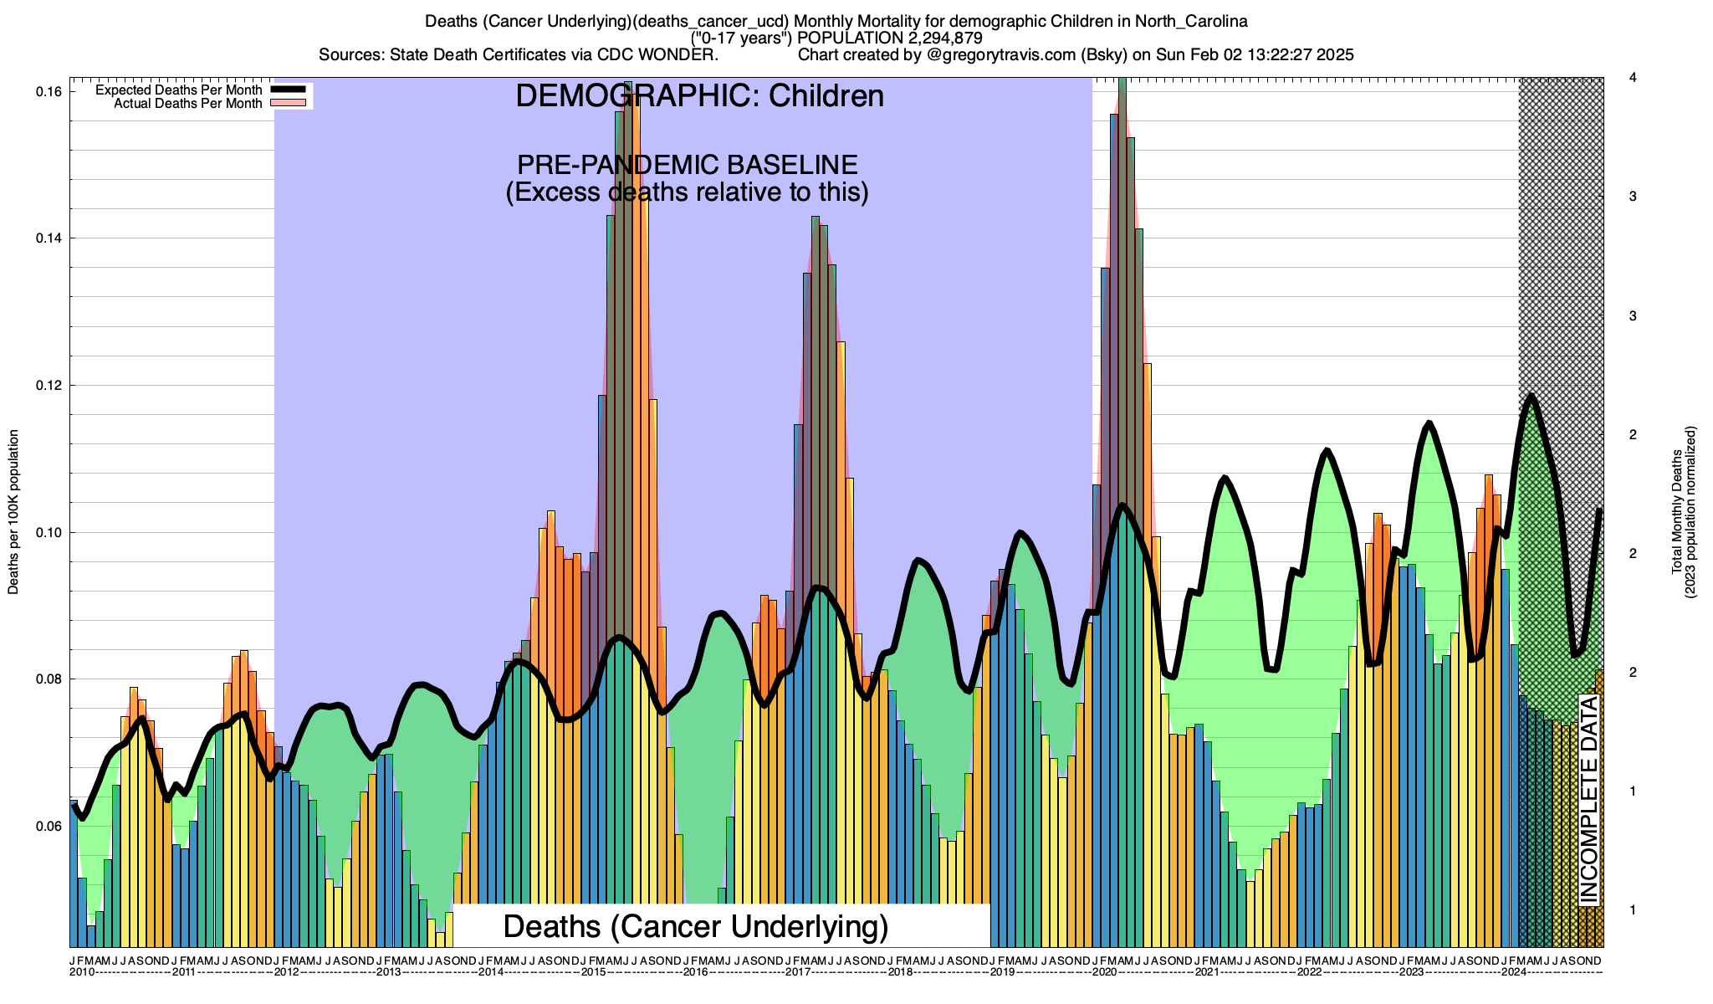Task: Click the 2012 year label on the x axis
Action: (287, 972)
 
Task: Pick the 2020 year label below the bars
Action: (1104, 972)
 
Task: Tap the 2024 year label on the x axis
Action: (1513, 972)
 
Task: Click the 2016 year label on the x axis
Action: (696, 972)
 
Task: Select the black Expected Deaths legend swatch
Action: (287, 90)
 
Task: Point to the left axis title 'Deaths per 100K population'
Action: (13, 512)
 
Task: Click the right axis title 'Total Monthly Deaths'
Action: (1677, 512)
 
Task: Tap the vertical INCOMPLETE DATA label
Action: (1588, 799)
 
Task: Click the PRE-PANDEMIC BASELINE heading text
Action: (687, 165)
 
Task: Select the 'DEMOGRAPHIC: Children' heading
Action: (699, 96)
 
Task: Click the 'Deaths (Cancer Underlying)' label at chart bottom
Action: (696, 926)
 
